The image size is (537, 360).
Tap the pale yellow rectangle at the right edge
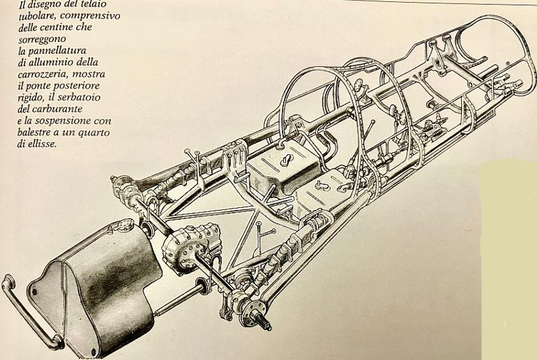(x=509, y=258)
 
